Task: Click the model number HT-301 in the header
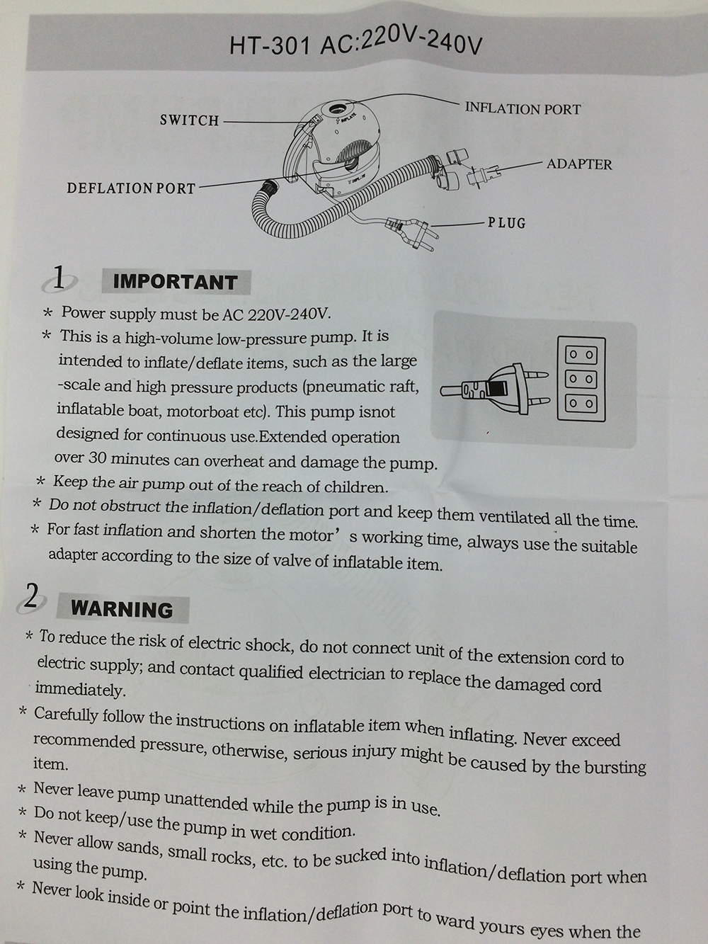coord(270,46)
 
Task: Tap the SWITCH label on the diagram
coord(190,120)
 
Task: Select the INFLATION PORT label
coord(523,108)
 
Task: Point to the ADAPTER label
coord(579,164)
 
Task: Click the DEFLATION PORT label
coord(131,188)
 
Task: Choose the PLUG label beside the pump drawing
coord(506,223)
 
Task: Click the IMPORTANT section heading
coord(176,282)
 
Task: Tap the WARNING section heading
coord(122,610)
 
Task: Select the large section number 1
coord(59,278)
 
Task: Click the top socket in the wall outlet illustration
coord(581,356)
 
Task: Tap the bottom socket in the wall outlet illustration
coord(581,404)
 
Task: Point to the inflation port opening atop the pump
coord(337,108)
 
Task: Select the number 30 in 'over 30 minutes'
coord(98,457)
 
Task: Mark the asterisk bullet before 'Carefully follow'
coord(23,712)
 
